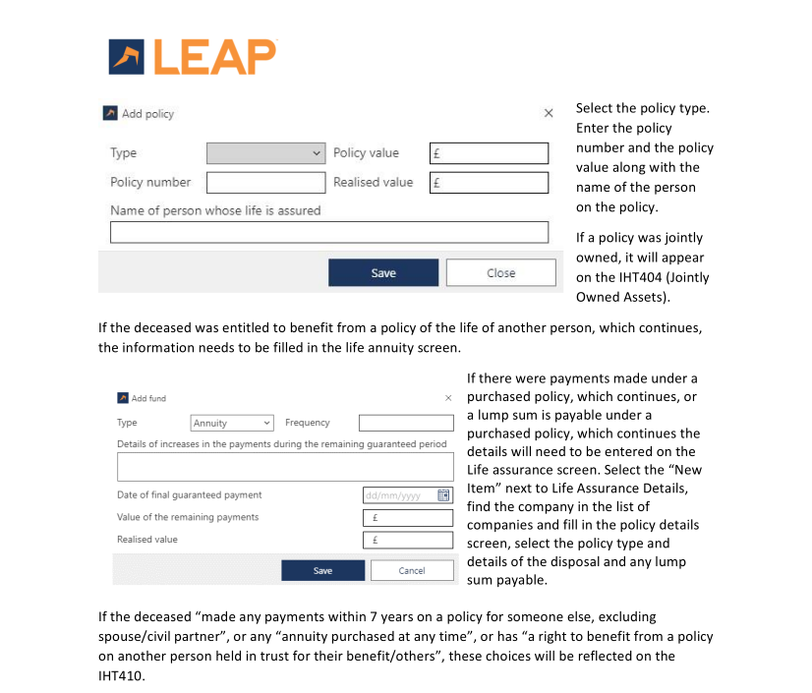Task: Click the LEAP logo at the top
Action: click(x=193, y=56)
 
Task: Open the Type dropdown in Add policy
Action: click(x=265, y=153)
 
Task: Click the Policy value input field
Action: click(x=489, y=153)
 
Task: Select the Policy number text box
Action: click(x=265, y=183)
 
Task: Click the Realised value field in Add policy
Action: click(x=489, y=183)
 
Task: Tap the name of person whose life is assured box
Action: click(x=328, y=232)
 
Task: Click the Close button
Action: click(x=500, y=273)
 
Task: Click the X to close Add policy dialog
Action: click(x=549, y=114)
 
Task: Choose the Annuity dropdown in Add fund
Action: click(x=232, y=423)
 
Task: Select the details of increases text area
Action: click(x=285, y=466)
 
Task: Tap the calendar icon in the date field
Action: click(x=443, y=495)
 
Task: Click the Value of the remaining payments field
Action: click(x=407, y=518)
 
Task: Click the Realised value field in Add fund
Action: click(x=407, y=540)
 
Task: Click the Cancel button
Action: click(x=411, y=570)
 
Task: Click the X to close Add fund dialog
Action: click(x=448, y=398)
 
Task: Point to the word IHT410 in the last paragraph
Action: click(x=121, y=675)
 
